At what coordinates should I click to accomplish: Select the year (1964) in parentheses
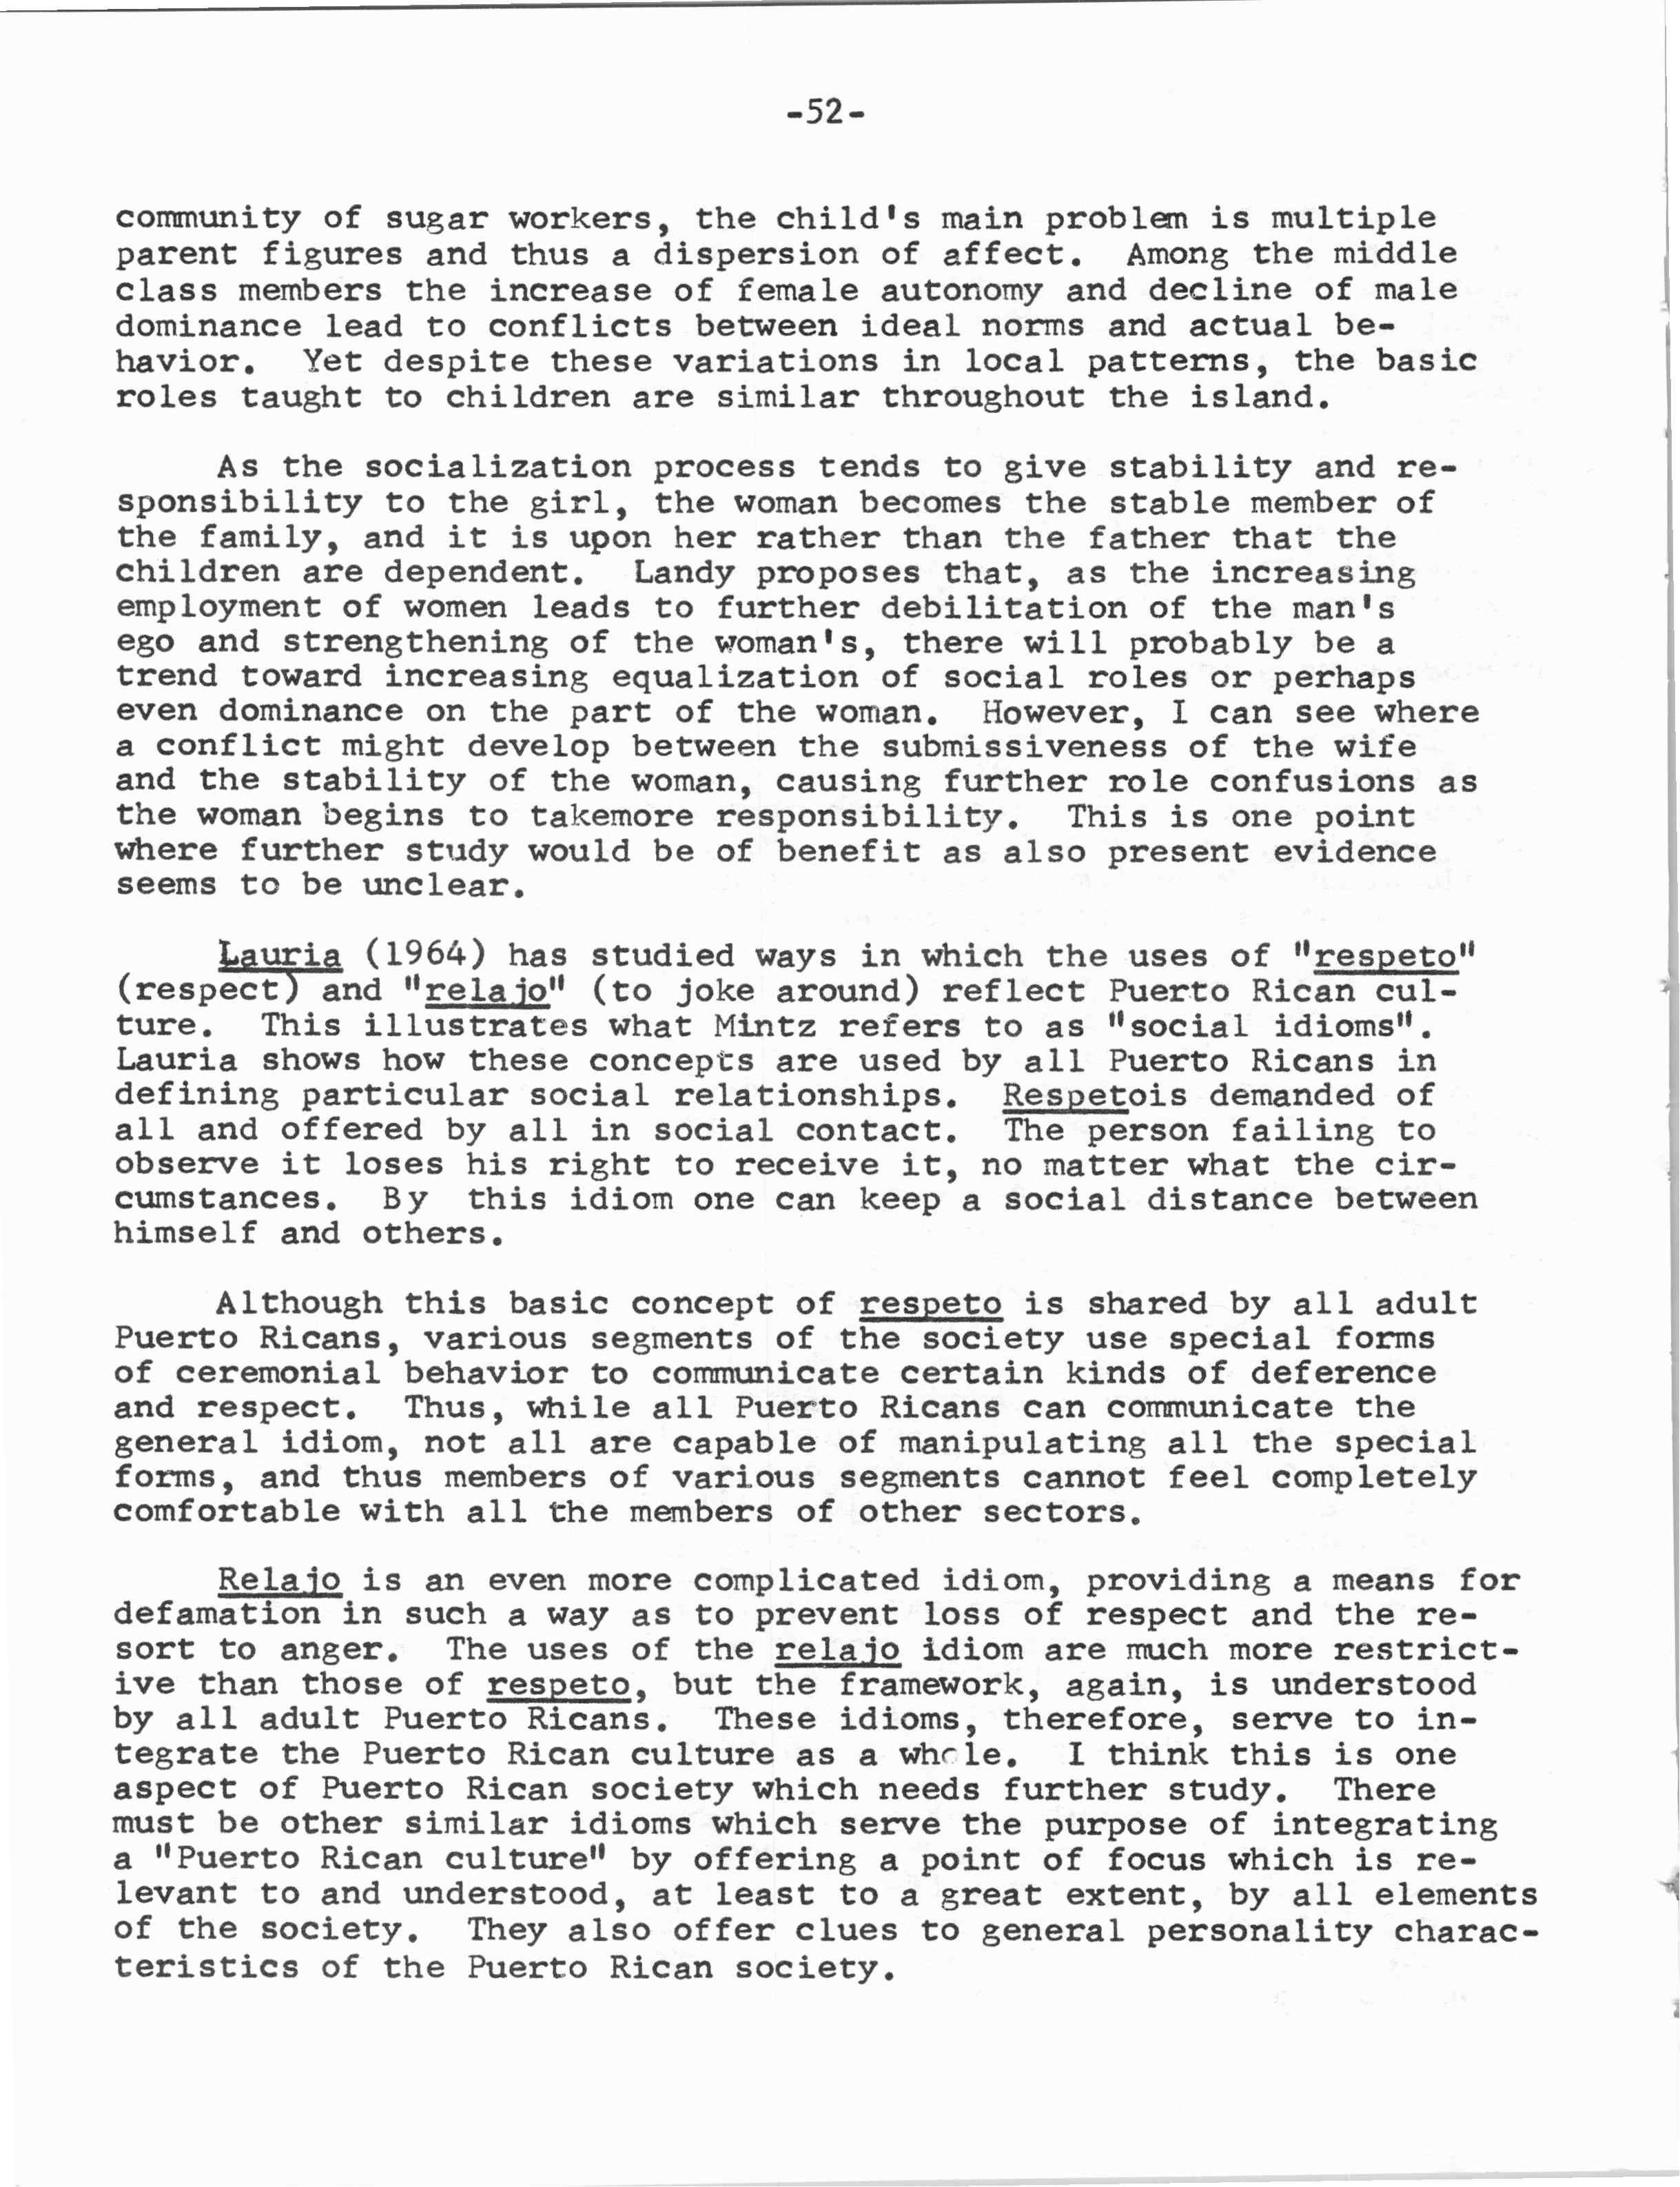[x=424, y=955]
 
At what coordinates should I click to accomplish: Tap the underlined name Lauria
[x=279, y=955]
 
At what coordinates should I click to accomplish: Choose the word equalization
[x=735, y=677]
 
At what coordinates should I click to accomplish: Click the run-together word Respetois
[x=1094, y=1095]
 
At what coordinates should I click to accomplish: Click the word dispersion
[x=755, y=254]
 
